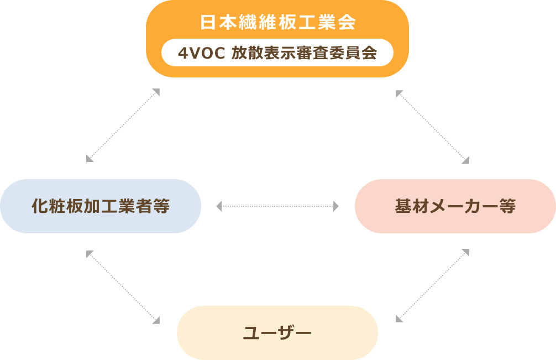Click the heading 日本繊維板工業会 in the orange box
tap(277, 23)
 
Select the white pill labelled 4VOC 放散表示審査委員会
tap(277, 53)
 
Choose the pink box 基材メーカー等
tap(455, 206)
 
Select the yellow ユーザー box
tap(277, 333)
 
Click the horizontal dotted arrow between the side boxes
tap(277, 206)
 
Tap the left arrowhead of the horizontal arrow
tap(219, 206)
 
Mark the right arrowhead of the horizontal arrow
tap(336, 206)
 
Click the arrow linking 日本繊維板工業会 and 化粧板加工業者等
tap(123, 126)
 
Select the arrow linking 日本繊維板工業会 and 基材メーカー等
tap(432, 127)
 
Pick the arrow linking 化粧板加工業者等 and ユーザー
tap(123, 287)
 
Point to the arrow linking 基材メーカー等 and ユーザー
tap(432, 285)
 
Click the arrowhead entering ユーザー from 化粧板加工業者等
tap(156, 320)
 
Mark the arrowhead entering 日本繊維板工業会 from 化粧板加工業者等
tap(156, 92)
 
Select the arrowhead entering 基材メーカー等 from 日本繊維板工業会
tap(465, 160)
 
